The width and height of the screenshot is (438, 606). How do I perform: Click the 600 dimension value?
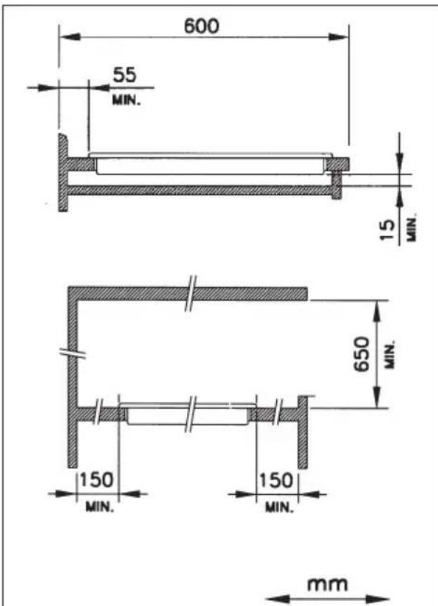tap(202, 26)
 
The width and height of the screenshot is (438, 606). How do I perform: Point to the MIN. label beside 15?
tap(413, 228)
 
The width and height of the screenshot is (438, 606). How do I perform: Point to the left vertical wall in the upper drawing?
tap(63, 172)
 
